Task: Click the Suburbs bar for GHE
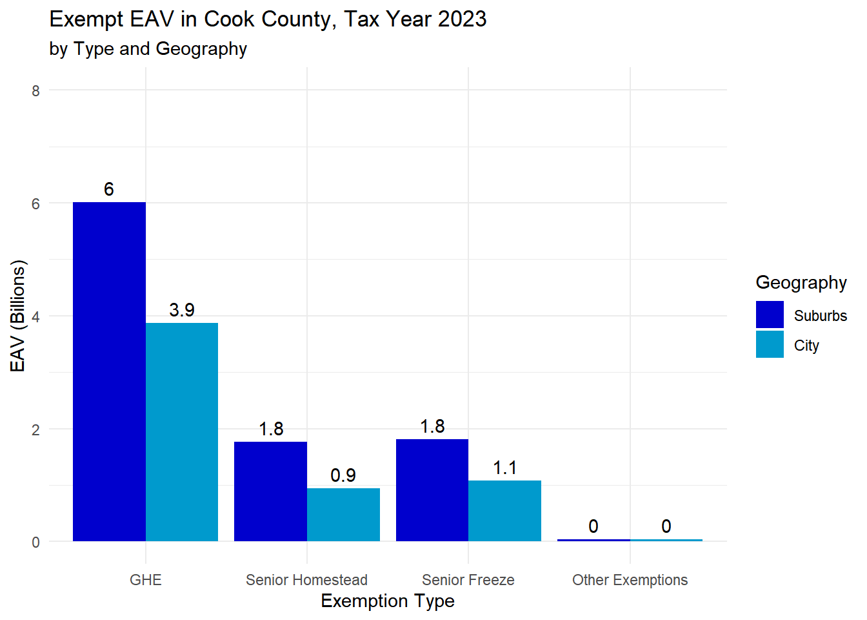pyautogui.click(x=109, y=371)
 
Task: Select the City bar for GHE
pyautogui.click(x=182, y=432)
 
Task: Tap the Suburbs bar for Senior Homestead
pyautogui.click(x=270, y=491)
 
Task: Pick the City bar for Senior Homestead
pyautogui.click(x=343, y=515)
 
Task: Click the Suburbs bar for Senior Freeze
pyautogui.click(x=432, y=490)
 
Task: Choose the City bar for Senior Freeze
pyautogui.click(x=504, y=511)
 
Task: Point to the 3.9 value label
pyautogui.click(x=182, y=310)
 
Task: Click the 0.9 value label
pyautogui.click(x=343, y=475)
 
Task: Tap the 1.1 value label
pyautogui.click(x=504, y=468)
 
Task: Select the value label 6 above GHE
pyautogui.click(x=109, y=189)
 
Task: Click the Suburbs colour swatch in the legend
pyautogui.click(x=770, y=315)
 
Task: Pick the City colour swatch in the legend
pyautogui.click(x=770, y=345)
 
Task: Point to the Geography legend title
pyautogui.click(x=801, y=283)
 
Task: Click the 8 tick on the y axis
pyautogui.click(x=36, y=91)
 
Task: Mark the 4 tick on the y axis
pyautogui.click(x=36, y=316)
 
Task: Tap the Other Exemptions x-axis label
pyautogui.click(x=630, y=580)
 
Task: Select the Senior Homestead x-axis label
pyautogui.click(x=306, y=580)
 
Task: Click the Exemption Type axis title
pyautogui.click(x=388, y=601)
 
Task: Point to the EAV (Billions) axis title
pyautogui.click(x=18, y=316)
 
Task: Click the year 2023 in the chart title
pyautogui.click(x=462, y=19)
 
